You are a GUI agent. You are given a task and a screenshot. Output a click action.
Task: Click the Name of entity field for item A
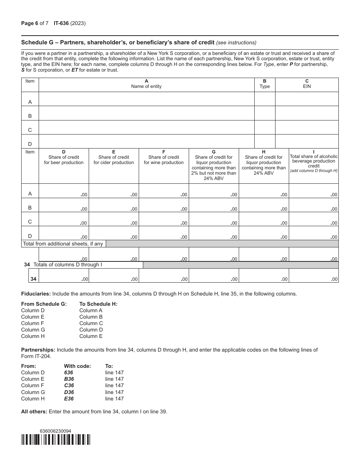click(x=146, y=99)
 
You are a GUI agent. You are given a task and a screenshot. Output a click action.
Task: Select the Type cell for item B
click(x=265, y=113)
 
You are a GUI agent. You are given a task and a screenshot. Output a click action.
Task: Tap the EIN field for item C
click(x=307, y=127)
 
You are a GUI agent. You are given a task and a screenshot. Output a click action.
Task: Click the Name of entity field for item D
click(x=146, y=141)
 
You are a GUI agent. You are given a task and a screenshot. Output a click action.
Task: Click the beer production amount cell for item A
click(x=64, y=191)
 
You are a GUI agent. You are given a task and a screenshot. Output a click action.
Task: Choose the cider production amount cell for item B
click(x=114, y=205)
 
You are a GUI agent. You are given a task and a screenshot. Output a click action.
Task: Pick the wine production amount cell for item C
click(x=164, y=219)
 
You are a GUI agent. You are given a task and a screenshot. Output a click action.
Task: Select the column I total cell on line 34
click(x=314, y=275)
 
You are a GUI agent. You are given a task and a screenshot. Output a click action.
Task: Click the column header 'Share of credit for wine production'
click(x=164, y=158)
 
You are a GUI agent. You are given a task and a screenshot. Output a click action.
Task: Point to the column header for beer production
click(x=64, y=158)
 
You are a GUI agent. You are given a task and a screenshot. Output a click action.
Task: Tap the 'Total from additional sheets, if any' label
click(x=63, y=244)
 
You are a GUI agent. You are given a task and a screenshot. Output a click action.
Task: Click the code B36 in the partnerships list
click(x=69, y=379)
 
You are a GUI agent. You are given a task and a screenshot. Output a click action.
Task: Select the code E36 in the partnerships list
click(x=69, y=399)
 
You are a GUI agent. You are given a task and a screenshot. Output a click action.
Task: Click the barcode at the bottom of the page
click(x=56, y=439)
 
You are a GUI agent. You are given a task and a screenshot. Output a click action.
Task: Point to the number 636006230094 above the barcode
click(x=55, y=431)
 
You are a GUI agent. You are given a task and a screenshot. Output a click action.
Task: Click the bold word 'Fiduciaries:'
click(x=36, y=294)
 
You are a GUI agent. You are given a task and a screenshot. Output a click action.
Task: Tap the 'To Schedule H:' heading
click(x=98, y=304)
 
